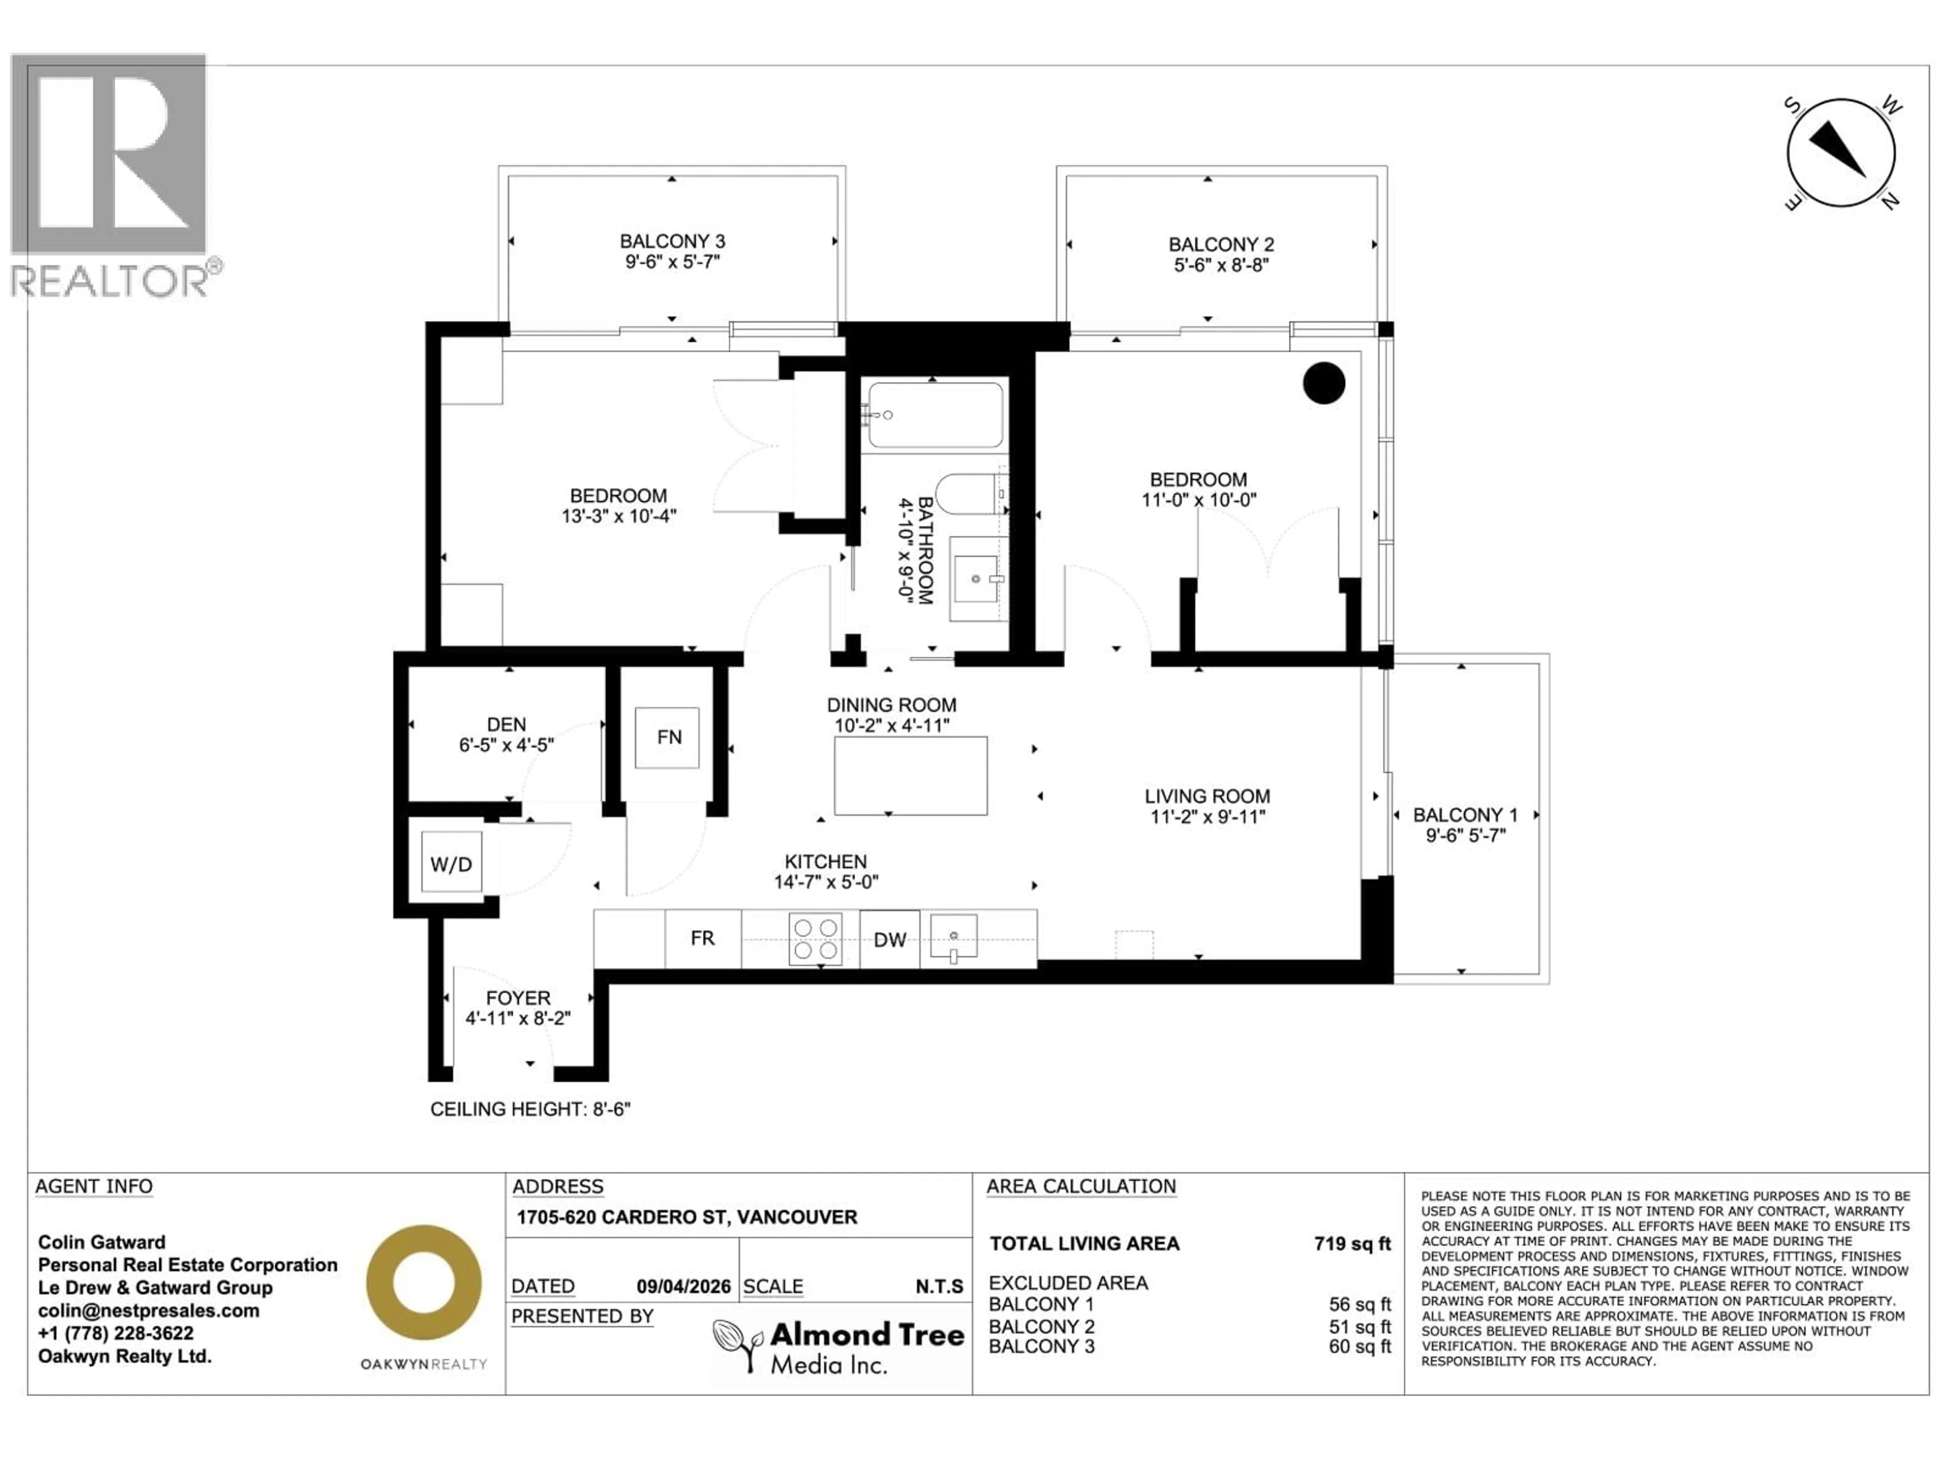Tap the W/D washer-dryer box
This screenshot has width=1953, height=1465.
[451, 864]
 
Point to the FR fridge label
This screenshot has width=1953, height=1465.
[703, 938]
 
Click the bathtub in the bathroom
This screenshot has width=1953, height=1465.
[935, 414]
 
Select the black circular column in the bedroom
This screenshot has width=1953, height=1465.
[1323, 383]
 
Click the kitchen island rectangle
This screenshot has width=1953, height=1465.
[910, 775]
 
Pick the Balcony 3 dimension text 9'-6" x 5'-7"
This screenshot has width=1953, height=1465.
[673, 262]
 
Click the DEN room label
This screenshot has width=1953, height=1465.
[506, 724]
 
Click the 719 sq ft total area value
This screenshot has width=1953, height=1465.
[1352, 1243]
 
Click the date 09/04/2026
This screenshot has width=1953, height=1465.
[684, 1286]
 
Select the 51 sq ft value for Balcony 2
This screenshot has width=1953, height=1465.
[1359, 1326]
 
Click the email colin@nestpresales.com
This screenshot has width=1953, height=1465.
[149, 1310]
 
